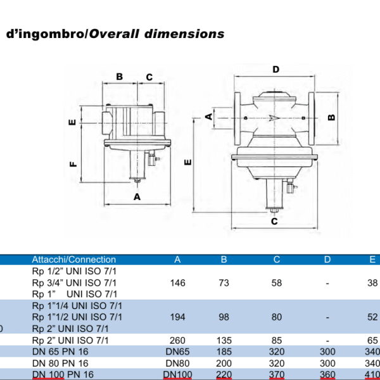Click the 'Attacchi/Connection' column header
pos(74,260)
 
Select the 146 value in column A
pos(177,283)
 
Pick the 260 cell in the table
pos(177,340)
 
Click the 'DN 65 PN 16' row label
pos(58,352)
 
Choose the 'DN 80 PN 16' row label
pos(58,364)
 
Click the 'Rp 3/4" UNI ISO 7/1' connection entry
pos(75,283)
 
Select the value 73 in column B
pos(224,283)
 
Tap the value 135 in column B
pos(224,340)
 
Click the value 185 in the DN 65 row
pos(224,352)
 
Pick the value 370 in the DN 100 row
pos(276,375)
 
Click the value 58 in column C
pos(276,283)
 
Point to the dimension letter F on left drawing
pos(73,164)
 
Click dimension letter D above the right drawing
pos(275,69)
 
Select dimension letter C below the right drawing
pos(274,222)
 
